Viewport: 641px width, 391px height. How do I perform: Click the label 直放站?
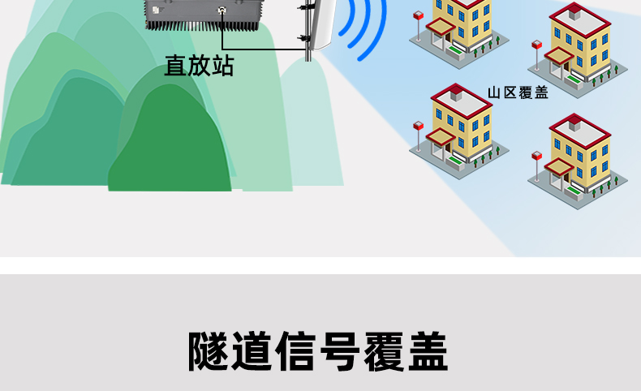click(199, 66)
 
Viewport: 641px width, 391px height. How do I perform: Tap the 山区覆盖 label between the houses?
click(518, 92)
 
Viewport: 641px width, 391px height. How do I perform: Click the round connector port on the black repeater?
click(222, 11)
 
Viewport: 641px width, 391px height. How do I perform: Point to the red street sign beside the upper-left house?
click(418, 15)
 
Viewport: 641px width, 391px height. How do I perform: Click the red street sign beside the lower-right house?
click(536, 154)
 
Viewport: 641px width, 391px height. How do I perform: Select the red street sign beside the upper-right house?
click(536, 45)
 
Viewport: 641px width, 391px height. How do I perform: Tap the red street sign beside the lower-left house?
click(419, 126)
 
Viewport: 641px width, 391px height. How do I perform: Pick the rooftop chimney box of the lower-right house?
click(574, 124)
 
